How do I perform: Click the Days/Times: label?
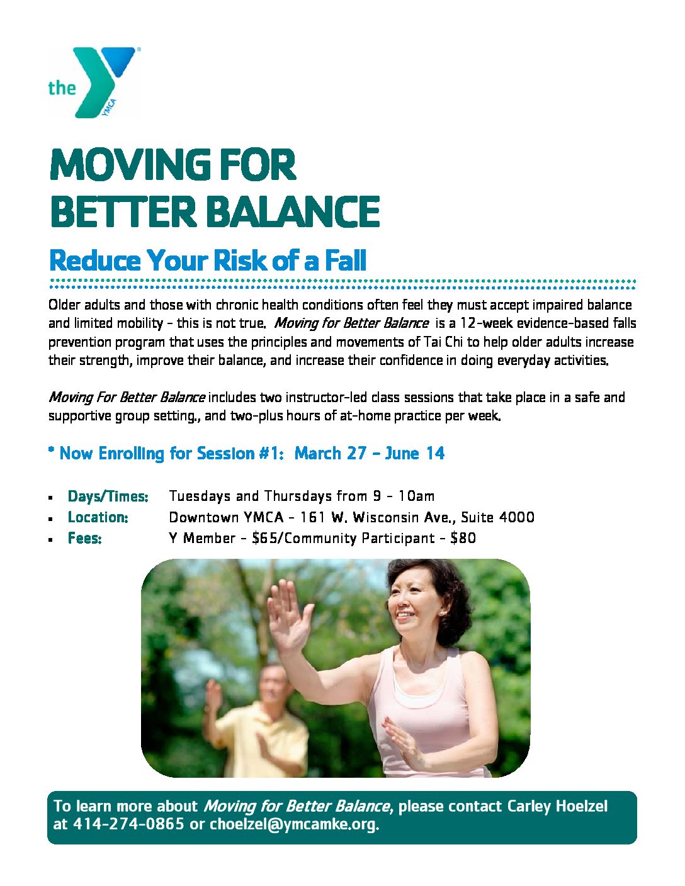108,496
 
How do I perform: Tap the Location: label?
98,517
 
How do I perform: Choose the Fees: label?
84,538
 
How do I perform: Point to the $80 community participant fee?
463,538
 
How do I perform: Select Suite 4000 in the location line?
498,517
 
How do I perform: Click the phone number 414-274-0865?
128,824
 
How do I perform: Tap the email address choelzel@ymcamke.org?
294,824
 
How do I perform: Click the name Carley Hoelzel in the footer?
557,806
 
